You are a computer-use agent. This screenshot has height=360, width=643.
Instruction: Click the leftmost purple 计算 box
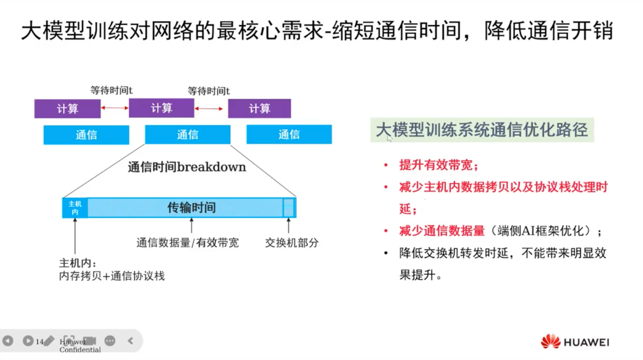pyautogui.click(x=68, y=109)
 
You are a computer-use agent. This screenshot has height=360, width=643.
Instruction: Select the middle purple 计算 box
pyautogui.click(x=161, y=108)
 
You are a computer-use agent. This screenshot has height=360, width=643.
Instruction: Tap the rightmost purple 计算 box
pyautogui.click(x=260, y=108)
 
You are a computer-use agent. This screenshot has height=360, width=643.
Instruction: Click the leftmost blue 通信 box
pyautogui.click(x=87, y=135)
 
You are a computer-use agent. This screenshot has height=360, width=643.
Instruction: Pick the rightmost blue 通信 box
pyautogui.click(x=289, y=134)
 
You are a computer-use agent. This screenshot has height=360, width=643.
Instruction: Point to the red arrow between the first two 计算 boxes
pyautogui.click(x=115, y=108)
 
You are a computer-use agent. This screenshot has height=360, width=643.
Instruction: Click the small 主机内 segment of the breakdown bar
pyautogui.click(x=75, y=208)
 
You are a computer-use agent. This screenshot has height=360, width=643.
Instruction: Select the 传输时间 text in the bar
pyautogui.click(x=191, y=207)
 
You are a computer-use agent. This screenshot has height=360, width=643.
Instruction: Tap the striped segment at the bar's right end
pyautogui.click(x=289, y=207)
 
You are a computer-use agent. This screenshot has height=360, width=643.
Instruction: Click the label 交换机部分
pyautogui.click(x=292, y=243)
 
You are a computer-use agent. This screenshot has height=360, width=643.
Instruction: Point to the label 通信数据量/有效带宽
pyautogui.click(x=188, y=243)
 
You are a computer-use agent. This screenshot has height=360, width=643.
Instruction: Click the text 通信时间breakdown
pyautogui.click(x=187, y=167)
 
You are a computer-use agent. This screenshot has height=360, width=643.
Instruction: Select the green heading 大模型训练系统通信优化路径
pyautogui.click(x=482, y=130)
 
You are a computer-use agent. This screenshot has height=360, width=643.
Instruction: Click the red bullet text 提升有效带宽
pyautogui.click(x=438, y=165)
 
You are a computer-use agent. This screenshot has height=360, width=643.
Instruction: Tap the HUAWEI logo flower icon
pyautogui.click(x=551, y=342)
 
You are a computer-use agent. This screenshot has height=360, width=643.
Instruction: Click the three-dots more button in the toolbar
pyautogui.click(x=110, y=341)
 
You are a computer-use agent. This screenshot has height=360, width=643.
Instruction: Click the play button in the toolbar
pyautogui.click(x=28, y=341)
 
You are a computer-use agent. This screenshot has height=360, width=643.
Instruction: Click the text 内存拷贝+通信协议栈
pyautogui.click(x=112, y=276)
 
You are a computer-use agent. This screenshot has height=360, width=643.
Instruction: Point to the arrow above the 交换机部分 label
pyautogui.click(x=289, y=226)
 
